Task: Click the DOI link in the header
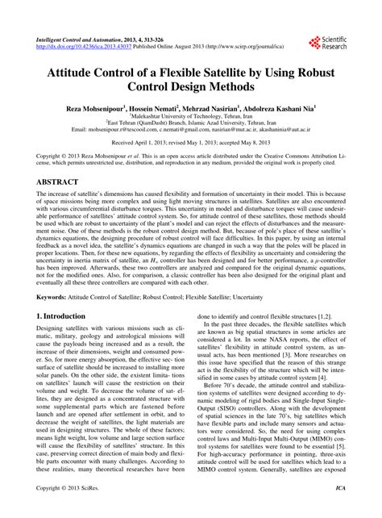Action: point(77,46)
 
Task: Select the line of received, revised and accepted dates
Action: point(191,141)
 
